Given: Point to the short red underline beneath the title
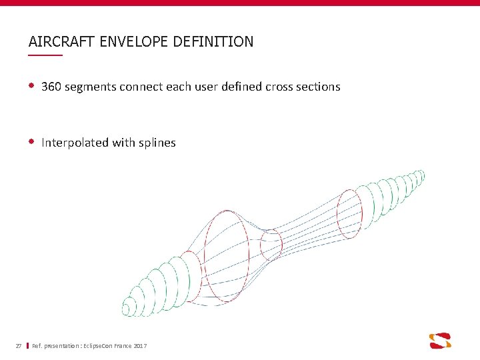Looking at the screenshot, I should click(45, 55).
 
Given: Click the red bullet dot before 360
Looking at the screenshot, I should click(31, 86).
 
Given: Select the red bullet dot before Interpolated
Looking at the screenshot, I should click(31, 142).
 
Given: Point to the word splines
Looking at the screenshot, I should click(157, 143).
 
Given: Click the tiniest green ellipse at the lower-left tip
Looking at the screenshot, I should click(125, 309).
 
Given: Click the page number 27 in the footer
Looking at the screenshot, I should click(19, 345).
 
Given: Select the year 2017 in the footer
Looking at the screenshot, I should click(140, 345).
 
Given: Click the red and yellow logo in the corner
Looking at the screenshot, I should click(440, 340).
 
